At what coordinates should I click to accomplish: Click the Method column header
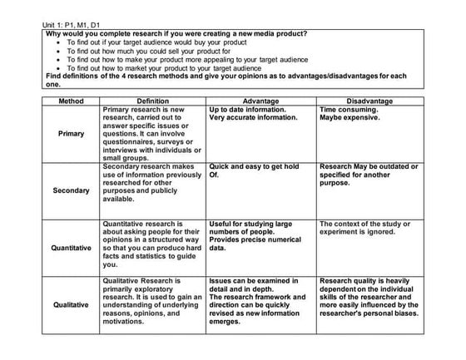71,101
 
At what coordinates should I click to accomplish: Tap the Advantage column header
260,101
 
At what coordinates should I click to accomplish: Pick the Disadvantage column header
369,101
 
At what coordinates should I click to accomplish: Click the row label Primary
71,133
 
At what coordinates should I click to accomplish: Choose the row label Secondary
71,190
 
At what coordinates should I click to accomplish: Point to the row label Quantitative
71,248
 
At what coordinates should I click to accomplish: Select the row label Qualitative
71,304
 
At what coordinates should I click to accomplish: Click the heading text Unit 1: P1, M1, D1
74,26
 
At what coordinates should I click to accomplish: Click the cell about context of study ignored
368,228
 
